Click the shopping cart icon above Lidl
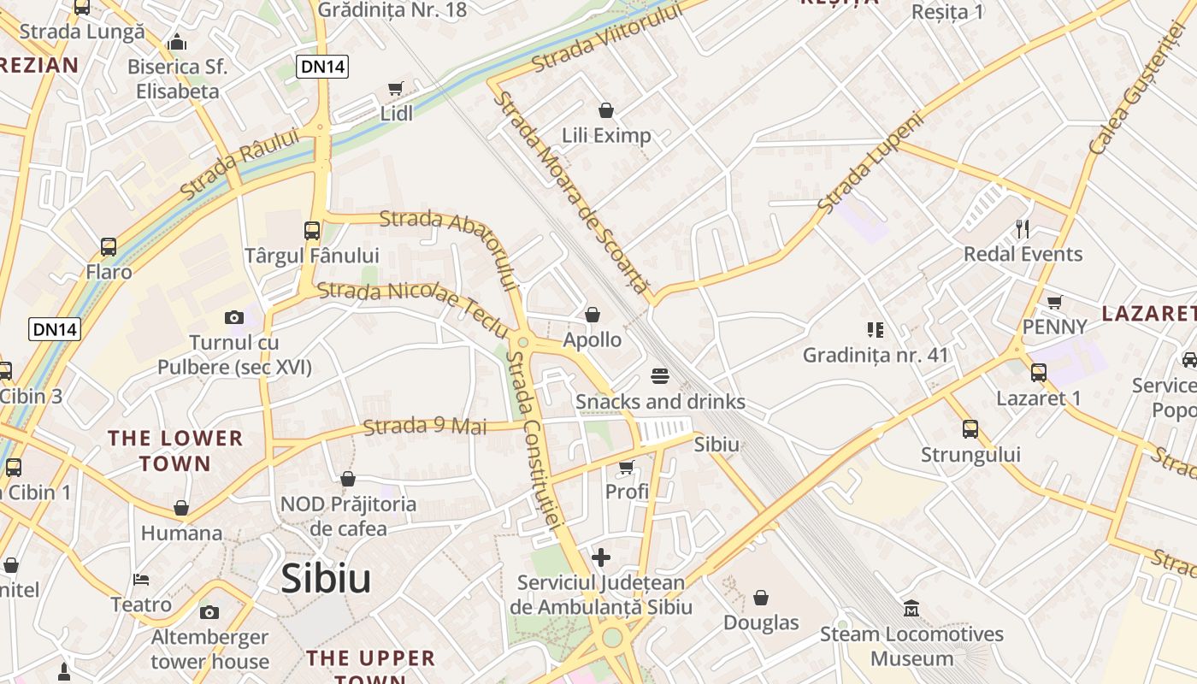click(x=395, y=89)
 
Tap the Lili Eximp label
click(x=606, y=135)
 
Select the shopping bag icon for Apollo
click(x=593, y=315)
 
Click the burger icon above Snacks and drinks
click(x=659, y=376)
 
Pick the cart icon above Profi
click(x=627, y=467)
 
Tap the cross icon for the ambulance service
click(x=601, y=557)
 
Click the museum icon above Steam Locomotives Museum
click(x=911, y=609)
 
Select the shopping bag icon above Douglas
click(x=761, y=598)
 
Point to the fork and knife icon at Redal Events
click(x=1022, y=228)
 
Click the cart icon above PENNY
click(x=1055, y=302)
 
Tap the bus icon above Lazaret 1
click(x=1039, y=373)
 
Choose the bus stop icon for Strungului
click(x=970, y=428)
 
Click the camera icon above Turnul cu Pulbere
click(x=233, y=317)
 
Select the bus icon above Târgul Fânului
click(x=311, y=230)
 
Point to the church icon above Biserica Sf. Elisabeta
click(x=177, y=41)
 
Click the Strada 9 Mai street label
click(x=425, y=426)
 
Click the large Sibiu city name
click(x=326, y=579)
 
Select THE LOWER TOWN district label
click(x=175, y=451)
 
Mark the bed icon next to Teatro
click(x=142, y=580)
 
